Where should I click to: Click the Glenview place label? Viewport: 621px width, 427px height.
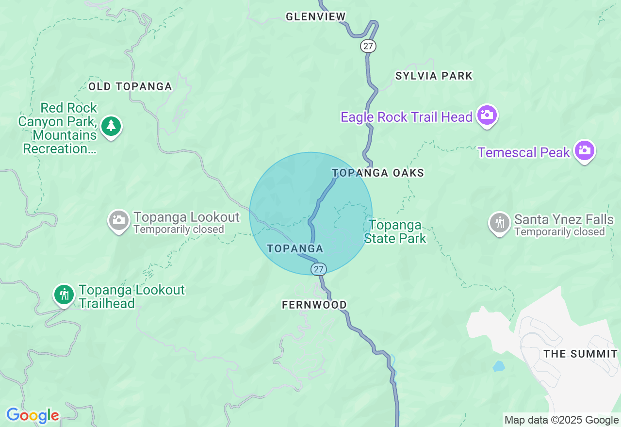[x=315, y=16]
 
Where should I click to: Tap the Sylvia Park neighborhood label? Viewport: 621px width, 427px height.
[x=434, y=76]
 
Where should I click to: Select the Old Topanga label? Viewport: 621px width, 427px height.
[x=130, y=86]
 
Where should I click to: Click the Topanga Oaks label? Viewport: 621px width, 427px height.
[x=378, y=173]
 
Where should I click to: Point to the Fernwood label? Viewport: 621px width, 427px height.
[x=314, y=305]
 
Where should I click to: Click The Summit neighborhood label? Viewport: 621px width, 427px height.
[x=580, y=354]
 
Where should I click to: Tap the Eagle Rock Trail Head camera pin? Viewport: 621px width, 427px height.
[x=487, y=116]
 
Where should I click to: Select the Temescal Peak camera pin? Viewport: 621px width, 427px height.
[x=585, y=151]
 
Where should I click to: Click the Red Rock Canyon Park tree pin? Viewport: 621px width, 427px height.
[x=111, y=126]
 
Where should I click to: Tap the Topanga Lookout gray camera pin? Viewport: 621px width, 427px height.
[x=118, y=221]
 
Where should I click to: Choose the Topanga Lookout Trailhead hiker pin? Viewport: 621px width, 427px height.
[x=64, y=295]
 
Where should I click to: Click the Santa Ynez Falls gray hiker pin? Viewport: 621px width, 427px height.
[x=499, y=223]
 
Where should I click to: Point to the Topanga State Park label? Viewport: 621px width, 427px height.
[x=395, y=231]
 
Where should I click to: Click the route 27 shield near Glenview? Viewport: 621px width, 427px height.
[x=368, y=46]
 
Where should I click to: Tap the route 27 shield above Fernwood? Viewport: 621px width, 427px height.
[x=318, y=269]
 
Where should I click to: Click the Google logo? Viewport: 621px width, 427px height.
[x=33, y=415]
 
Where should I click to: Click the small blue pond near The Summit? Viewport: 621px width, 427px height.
[x=499, y=366]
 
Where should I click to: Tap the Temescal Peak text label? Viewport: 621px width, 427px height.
[x=523, y=152]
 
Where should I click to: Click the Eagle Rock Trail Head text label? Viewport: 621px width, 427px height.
[x=407, y=117]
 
